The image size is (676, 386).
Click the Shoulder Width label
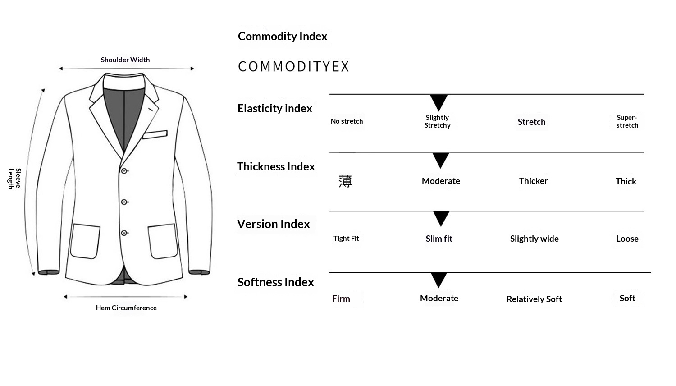(125, 60)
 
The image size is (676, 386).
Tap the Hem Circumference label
(126, 308)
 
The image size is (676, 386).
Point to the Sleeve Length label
(14, 179)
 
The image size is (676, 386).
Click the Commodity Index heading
(282, 37)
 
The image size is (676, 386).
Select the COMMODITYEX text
(293, 67)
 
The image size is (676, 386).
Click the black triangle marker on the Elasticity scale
(438, 102)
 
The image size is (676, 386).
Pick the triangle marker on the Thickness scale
(440, 160)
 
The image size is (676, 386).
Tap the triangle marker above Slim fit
(441, 218)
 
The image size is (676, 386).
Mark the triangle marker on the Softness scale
(438, 280)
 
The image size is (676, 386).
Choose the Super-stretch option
(627, 121)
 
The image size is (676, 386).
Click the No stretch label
(347, 121)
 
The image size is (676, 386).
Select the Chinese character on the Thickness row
(345, 181)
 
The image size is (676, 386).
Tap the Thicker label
(533, 181)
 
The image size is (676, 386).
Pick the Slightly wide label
(534, 239)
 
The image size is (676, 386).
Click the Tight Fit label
(346, 239)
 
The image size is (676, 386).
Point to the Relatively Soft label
(534, 299)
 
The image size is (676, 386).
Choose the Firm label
(341, 299)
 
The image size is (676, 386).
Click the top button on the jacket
(124, 171)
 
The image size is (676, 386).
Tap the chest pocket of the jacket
(155, 134)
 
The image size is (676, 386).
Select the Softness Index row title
(275, 282)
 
